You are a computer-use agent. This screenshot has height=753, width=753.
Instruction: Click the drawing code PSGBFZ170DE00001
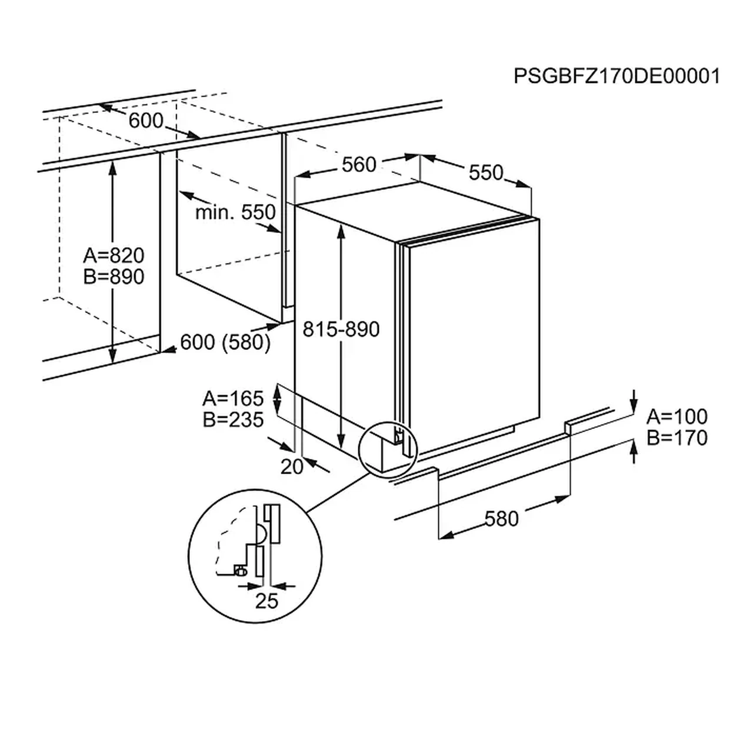pos(617,76)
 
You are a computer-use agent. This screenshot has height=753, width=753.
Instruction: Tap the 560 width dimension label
pos(359,165)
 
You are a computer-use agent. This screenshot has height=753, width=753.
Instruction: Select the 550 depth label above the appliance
pos(486,172)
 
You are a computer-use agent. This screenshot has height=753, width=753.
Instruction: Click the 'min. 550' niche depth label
pos(235,212)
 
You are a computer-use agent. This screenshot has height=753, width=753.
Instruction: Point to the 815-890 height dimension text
pos(341,329)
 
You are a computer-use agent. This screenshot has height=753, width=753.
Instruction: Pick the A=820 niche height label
pos(114,255)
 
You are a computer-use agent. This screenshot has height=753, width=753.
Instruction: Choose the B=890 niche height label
pos(114,276)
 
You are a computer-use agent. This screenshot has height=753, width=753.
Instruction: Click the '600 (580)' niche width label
pos(225,342)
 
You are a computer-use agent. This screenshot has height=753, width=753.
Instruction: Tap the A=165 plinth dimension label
pos(233,399)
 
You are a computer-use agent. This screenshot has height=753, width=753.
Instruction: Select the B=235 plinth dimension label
pos(233,419)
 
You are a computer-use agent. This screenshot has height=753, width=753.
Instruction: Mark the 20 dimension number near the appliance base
pos(292,467)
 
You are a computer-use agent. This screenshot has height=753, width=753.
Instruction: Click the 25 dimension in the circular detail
pos(266,601)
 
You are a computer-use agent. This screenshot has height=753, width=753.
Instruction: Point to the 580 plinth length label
pos(501,519)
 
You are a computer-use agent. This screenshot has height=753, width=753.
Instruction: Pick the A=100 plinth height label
pos(677,417)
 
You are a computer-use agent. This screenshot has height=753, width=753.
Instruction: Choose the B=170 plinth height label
pos(677,438)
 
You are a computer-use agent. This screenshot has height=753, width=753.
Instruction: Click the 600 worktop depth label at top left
pos(146,121)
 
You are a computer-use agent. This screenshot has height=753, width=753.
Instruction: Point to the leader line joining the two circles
pos(338,492)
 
